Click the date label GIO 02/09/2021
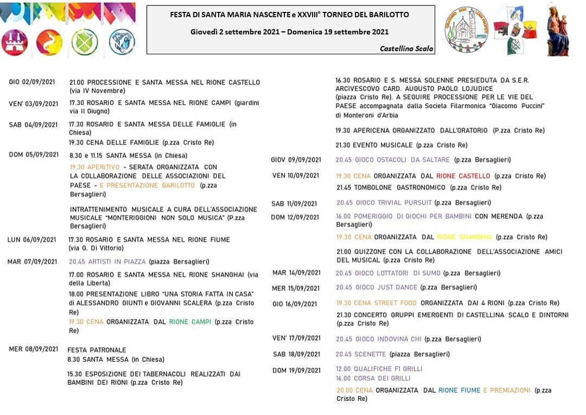[32, 82]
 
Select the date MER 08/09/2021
[33, 349]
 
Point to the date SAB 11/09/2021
[294, 204]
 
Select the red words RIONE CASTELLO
[463, 176]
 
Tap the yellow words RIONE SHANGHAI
[464, 237]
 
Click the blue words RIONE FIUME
[459, 390]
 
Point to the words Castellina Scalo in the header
[406, 48]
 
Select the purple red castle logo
[15, 42]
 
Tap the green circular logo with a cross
[85, 42]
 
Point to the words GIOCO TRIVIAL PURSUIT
[384, 203]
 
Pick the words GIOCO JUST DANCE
[377, 287]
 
